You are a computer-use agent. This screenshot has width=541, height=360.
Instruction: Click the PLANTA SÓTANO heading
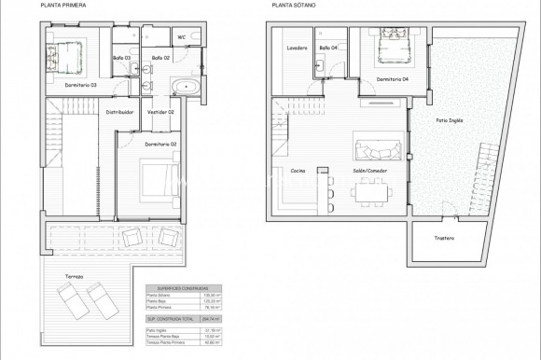tap(292, 6)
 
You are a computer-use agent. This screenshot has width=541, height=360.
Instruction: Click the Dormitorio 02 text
tap(161, 145)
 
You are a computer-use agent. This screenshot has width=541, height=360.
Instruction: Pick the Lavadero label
tap(298, 48)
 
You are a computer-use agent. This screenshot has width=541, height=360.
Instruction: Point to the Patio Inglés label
tap(449, 120)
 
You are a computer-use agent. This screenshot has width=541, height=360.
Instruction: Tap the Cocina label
tap(298, 171)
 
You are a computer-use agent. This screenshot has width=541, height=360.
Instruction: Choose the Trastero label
tap(444, 239)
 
